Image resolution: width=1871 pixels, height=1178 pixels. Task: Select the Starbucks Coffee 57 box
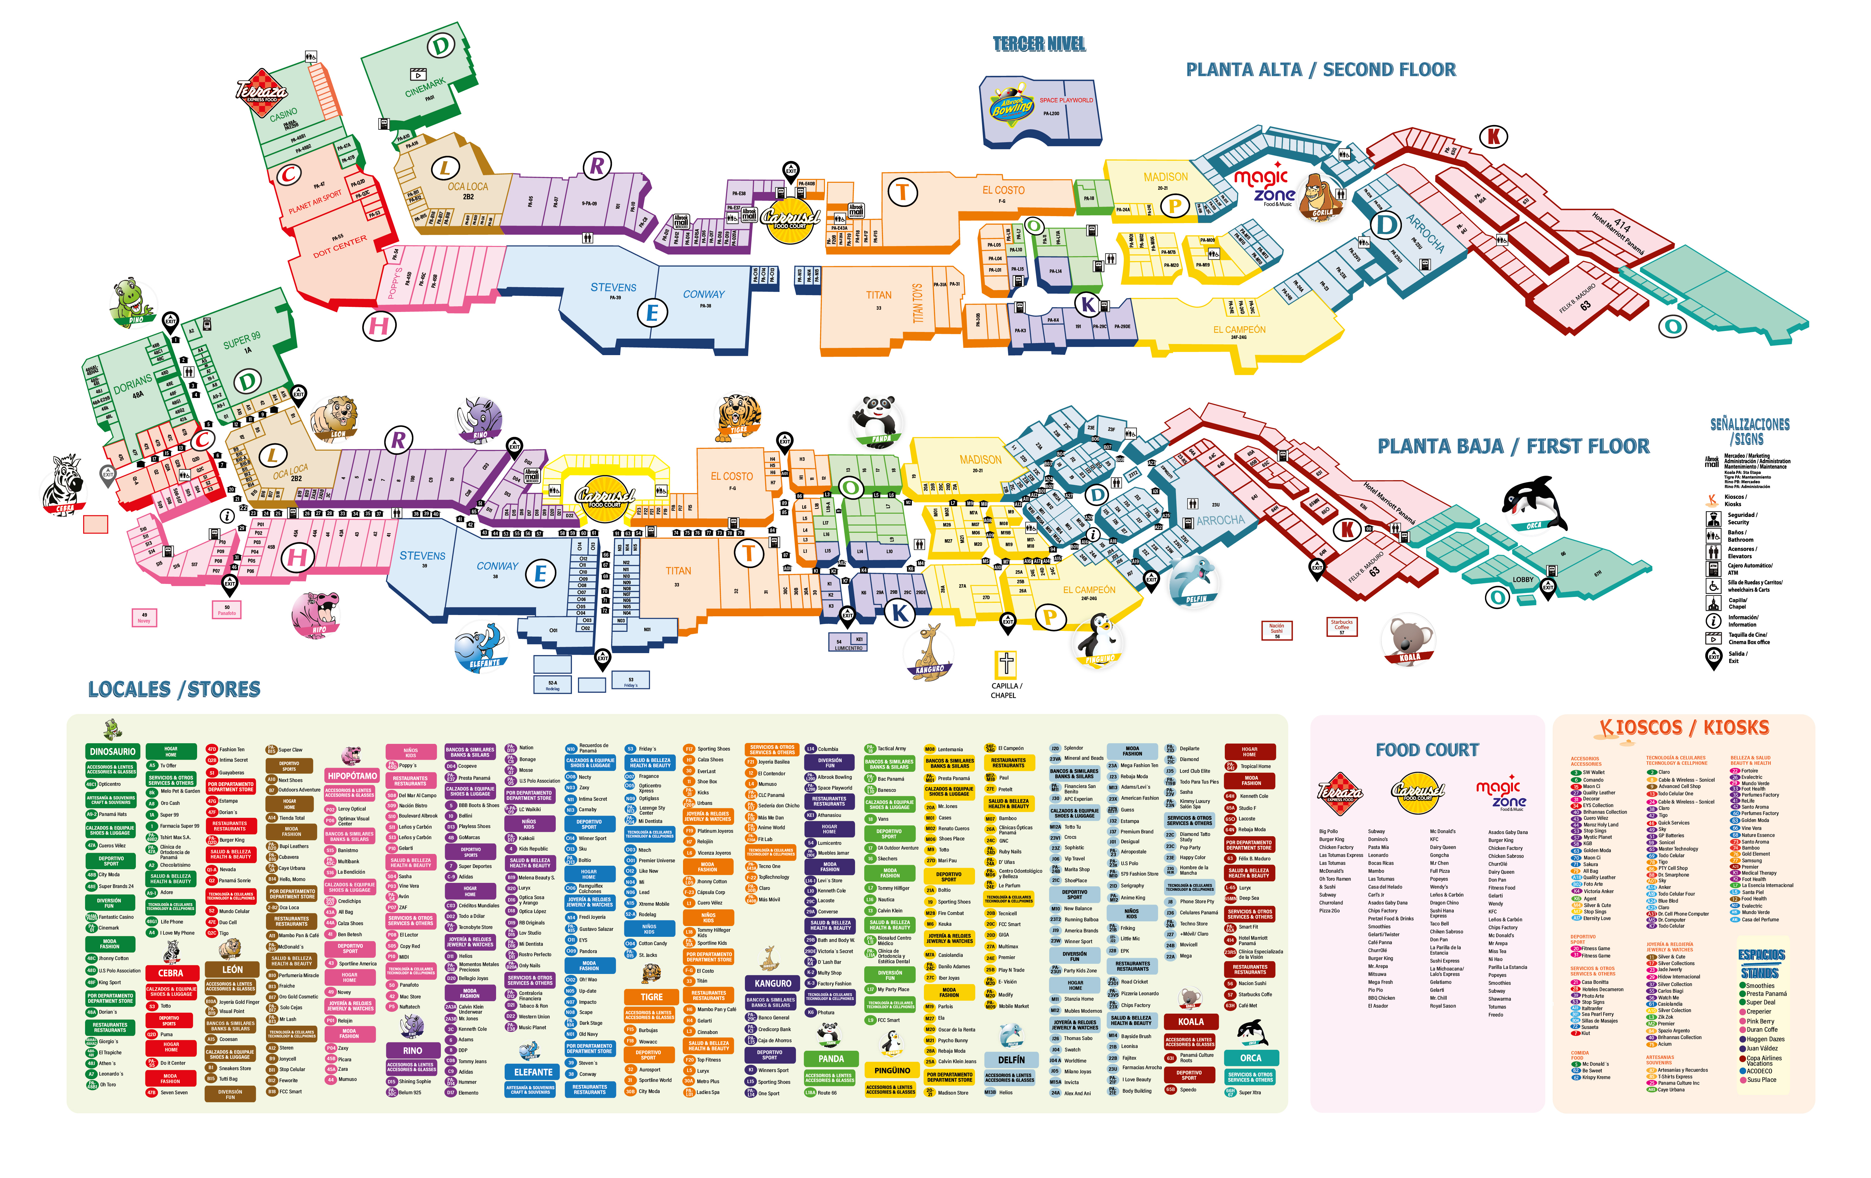(x=1342, y=626)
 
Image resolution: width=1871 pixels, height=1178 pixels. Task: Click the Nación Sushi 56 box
(x=1277, y=629)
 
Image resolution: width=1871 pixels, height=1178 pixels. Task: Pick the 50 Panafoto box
(x=227, y=609)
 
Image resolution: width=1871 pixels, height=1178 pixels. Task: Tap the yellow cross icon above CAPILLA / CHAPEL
(x=1006, y=663)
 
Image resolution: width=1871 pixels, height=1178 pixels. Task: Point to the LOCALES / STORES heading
(x=174, y=689)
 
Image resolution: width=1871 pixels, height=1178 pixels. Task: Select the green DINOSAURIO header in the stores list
(x=113, y=751)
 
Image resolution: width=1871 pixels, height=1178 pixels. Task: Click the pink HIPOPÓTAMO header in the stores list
(x=352, y=776)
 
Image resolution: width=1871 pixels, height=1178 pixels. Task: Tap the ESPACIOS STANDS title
(x=1761, y=963)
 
